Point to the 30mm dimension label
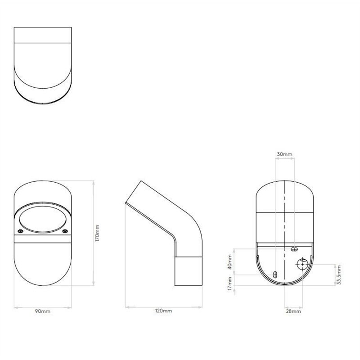[x=284, y=154]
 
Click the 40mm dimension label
[x=230, y=261]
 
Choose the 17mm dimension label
[x=230, y=283]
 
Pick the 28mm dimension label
[x=293, y=311]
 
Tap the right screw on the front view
[x=64, y=231]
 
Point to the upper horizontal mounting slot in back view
[x=294, y=249]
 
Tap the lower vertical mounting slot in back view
[x=275, y=274]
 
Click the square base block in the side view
[x=189, y=270]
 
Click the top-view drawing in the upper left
[x=43, y=65]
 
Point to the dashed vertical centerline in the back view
[x=285, y=211]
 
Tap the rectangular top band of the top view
[x=43, y=35]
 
